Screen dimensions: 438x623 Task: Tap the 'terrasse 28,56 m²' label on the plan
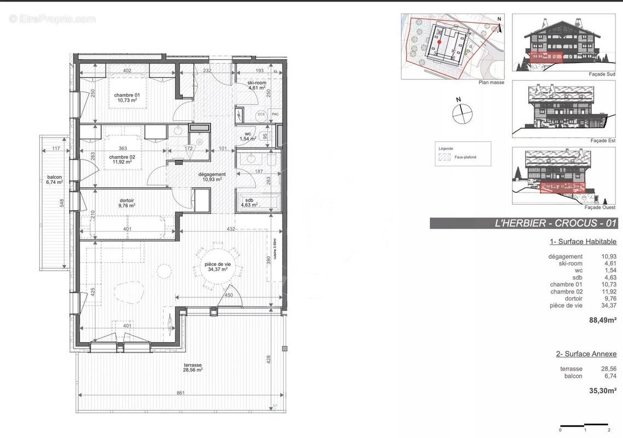click(x=193, y=367)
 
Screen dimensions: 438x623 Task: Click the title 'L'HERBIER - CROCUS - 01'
click(x=523, y=223)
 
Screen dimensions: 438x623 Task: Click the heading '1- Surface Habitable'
click(x=582, y=241)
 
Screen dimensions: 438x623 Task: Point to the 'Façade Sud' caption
click(x=603, y=74)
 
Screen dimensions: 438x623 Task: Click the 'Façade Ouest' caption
click(x=600, y=208)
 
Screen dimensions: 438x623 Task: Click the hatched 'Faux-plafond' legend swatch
click(x=444, y=157)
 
